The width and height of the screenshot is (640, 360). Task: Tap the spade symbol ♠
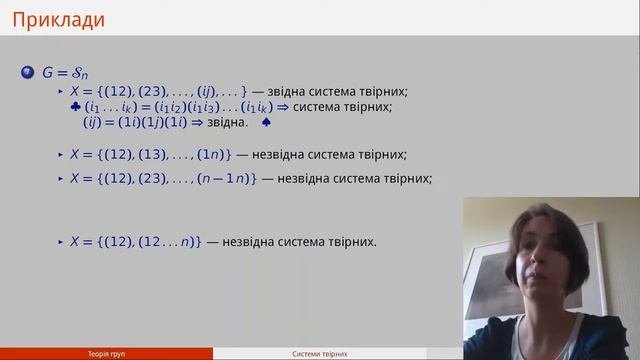coord(266,123)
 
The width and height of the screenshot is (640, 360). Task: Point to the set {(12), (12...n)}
coord(152,241)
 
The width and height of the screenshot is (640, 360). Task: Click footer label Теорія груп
coord(106,354)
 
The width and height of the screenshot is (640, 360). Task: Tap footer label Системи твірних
coord(319,354)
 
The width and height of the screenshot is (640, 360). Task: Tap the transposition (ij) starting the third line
coord(93,123)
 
